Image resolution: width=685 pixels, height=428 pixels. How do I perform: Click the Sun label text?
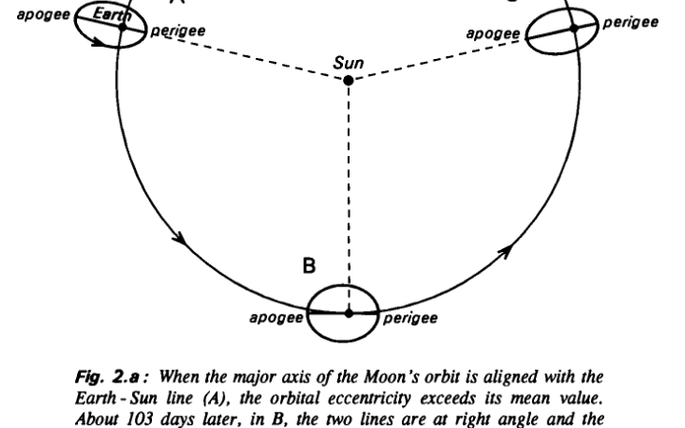pos(348,63)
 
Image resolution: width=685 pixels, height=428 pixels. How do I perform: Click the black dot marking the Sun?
pos(348,81)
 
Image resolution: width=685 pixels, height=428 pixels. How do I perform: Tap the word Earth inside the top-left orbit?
pos(112,15)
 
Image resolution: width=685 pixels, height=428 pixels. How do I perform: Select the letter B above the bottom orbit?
pos(309,265)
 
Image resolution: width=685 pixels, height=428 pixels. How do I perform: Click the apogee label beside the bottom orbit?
pos(276,318)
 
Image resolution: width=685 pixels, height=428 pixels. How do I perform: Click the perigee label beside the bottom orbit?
pos(410,319)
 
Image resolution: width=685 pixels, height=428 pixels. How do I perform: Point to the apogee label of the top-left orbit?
pos(44,15)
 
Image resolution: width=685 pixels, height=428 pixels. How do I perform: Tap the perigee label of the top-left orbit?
pos(178,31)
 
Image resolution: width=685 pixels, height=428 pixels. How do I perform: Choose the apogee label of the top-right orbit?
pos(493,33)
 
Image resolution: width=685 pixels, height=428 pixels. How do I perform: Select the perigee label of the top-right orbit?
pos(631,22)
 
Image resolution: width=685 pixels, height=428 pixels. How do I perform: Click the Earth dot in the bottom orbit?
pos(349,313)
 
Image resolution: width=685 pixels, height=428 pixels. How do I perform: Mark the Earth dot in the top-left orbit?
pos(123,27)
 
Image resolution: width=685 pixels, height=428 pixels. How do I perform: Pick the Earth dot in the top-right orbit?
pos(574,29)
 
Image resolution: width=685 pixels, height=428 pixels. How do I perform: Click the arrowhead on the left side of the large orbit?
pos(181,239)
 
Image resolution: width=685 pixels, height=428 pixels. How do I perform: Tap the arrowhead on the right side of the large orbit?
pos(505,251)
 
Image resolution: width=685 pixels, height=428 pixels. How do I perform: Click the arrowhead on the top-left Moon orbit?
pos(99,42)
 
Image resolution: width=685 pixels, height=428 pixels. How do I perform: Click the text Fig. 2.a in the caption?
pos(107,377)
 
